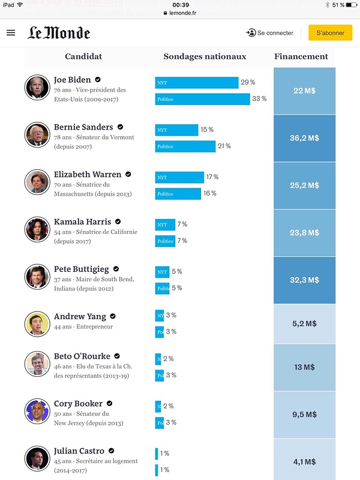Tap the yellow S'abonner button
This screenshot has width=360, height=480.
point(330,33)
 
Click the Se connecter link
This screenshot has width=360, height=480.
point(269,33)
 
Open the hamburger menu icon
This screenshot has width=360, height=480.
point(11,33)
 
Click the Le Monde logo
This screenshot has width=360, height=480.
point(59,33)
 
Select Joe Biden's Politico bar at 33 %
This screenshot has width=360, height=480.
point(202,99)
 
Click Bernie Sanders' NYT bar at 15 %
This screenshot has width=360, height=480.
point(176,130)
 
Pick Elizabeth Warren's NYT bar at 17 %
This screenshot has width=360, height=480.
point(179,178)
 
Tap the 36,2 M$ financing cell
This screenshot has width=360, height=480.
point(304,138)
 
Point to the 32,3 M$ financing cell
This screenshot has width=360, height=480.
point(304,280)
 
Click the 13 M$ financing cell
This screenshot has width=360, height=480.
point(304,367)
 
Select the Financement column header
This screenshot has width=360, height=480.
point(301,56)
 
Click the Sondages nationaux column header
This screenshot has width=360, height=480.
point(205,56)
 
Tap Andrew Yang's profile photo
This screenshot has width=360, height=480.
point(37,323)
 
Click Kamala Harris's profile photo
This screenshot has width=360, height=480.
point(37,229)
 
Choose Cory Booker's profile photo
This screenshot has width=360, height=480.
point(37,411)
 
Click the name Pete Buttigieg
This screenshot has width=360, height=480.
point(82,269)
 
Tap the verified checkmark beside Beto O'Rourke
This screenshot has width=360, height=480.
point(117,356)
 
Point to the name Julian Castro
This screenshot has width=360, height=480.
point(79,451)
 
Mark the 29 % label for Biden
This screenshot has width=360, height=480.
point(248,82)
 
